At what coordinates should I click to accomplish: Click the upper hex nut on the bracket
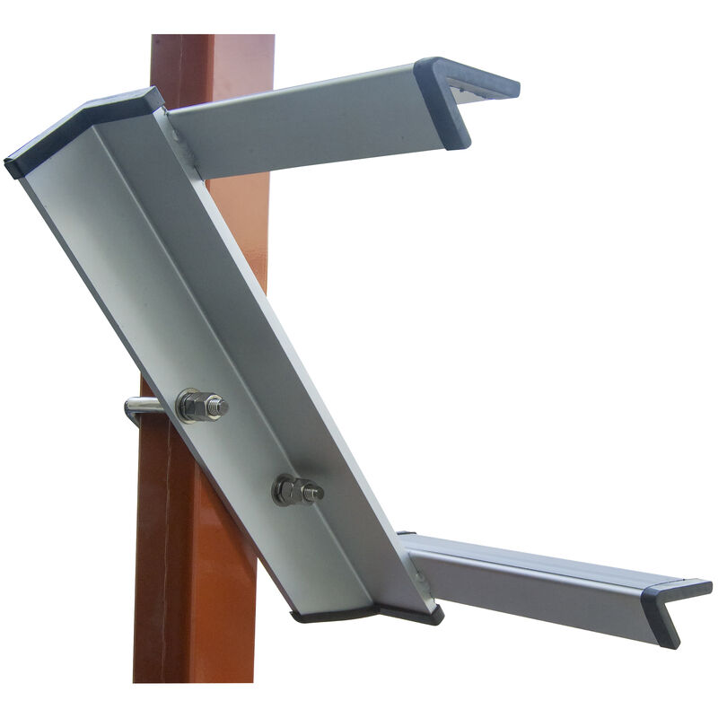point(195,406)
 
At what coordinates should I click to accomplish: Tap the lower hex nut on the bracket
point(288,490)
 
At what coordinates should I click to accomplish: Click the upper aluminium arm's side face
point(305,130)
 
